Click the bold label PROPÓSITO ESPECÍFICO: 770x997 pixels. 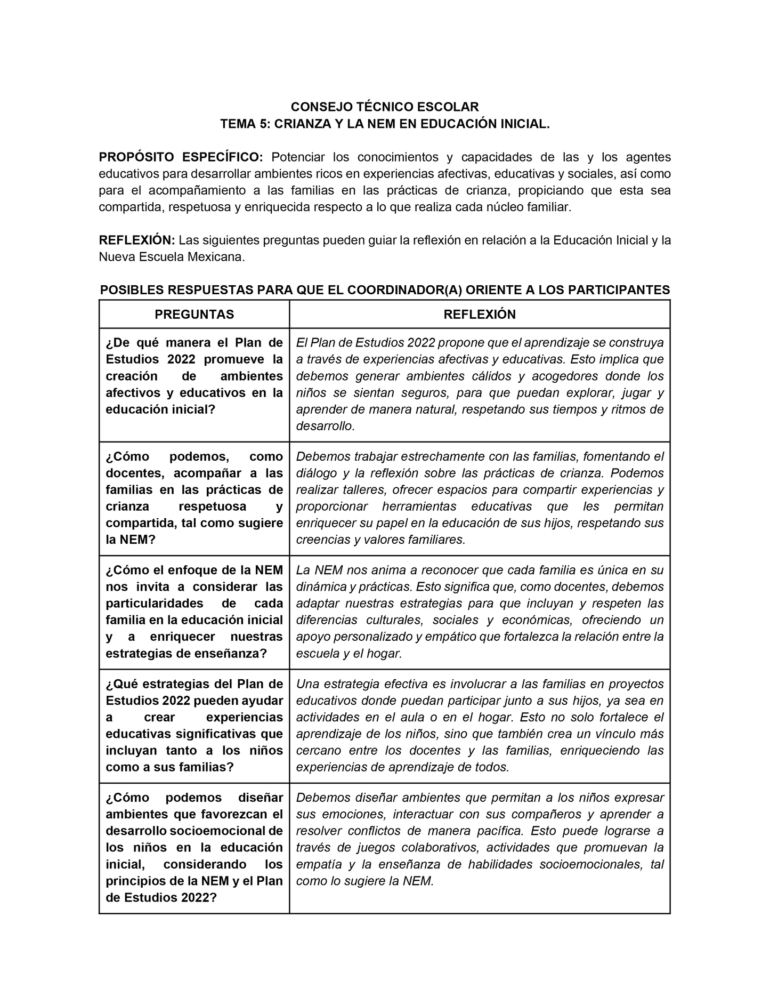pyautogui.click(x=181, y=157)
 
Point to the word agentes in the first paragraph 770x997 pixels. pyautogui.click(x=647, y=157)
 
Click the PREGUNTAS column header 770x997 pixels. pyautogui.click(x=194, y=315)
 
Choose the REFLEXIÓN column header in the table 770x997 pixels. pyautogui.click(x=480, y=315)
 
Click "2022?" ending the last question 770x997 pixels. pyautogui.click(x=199, y=898)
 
